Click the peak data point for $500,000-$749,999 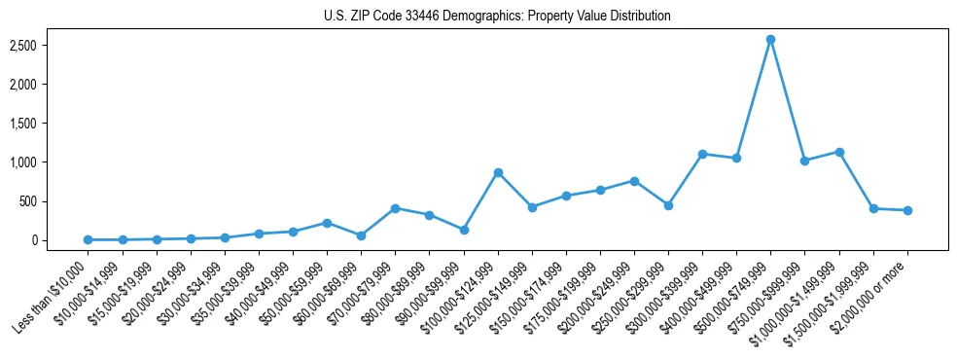(770, 39)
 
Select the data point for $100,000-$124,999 (498, 172)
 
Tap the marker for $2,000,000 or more (907, 210)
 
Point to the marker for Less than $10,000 (89, 239)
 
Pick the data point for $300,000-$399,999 (702, 154)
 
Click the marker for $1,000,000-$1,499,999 (839, 152)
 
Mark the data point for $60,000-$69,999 (361, 235)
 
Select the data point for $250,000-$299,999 (668, 205)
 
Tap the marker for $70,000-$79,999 (395, 208)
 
